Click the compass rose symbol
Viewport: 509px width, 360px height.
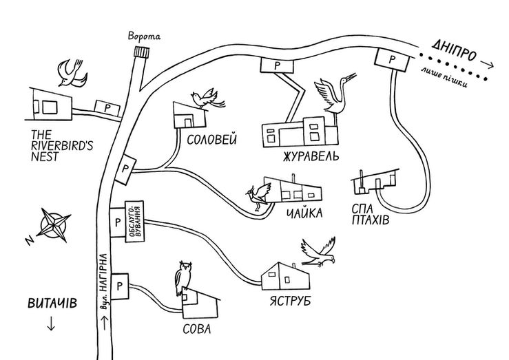pyautogui.click(x=54, y=225)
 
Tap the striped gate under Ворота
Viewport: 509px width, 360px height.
pyautogui.click(x=141, y=52)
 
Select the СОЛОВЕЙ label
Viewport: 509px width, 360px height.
pyautogui.click(x=212, y=140)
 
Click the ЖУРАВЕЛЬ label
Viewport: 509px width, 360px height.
pyautogui.click(x=311, y=156)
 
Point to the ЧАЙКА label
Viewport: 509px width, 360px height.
pyautogui.click(x=304, y=213)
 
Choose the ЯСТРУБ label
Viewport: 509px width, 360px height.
pyautogui.click(x=290, y=301)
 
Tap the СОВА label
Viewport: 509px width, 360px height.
pyautogui.click(x=197, y=329)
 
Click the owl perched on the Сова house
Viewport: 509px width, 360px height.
pyautogui.click(x=183, y=278)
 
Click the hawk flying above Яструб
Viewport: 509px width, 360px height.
pyautogui.click(x=319, y=252)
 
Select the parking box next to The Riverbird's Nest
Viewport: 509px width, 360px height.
pyautogui.click(x=107, y=108)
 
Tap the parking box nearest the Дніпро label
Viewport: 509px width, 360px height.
pyautogui.click(x=392, y=60)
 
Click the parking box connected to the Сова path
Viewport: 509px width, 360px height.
pyautogui.click(x=119, y=286)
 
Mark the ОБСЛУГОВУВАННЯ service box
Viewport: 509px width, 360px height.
pyautogui.click(x=134, y=221)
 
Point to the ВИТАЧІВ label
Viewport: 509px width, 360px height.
pyautogui.click(x=52, y=304)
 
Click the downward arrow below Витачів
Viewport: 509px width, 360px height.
pyautogui.click(x=51, y=324)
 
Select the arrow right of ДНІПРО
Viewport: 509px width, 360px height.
pyautogui.click(x=486, y=65)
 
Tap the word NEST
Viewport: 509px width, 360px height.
pyautogui.click(x=45, y=157)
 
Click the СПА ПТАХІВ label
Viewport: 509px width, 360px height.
pyautogui.click(x=370, y=214)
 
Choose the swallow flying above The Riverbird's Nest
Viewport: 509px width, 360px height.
pyautogui.click(x=72, y=73)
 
